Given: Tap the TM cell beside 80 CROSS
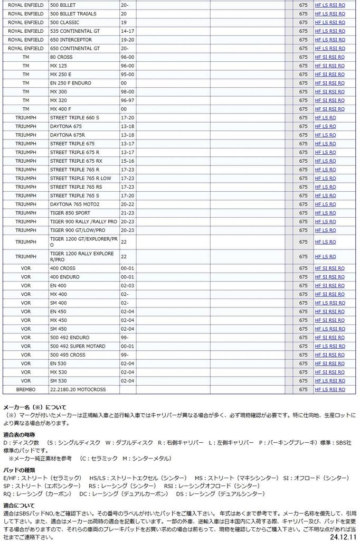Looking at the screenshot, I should [x=26, y=57].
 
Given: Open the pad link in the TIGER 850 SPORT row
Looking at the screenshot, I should [x=325, y=213].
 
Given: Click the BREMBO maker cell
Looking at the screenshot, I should [x=26, y=389].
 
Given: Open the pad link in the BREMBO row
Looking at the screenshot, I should [x=330, y=389].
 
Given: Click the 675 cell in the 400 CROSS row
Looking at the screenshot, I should [x=303, y=268].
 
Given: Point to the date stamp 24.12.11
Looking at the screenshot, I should [x=343, y=536].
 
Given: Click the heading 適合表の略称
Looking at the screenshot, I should [x=19, y=434].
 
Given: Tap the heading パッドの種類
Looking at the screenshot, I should [x=19, y=470].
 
